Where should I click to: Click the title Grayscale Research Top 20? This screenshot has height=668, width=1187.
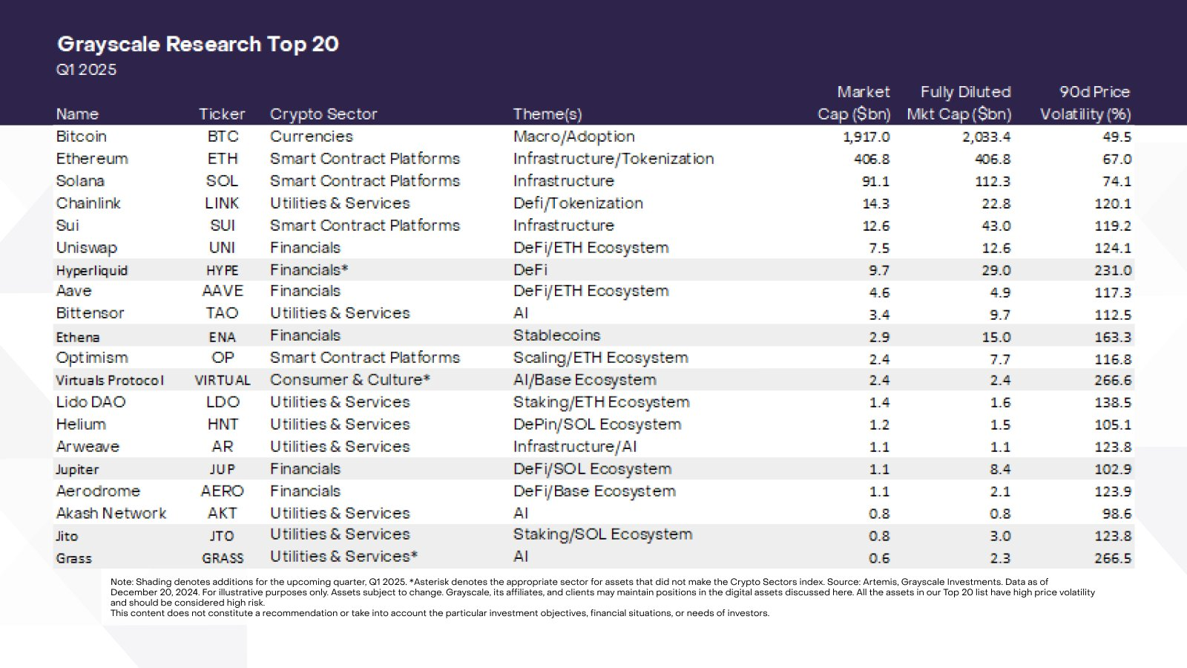pos(197,45)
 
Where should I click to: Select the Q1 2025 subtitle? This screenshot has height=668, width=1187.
pos(86,70)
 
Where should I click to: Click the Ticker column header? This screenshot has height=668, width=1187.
pos(222,114)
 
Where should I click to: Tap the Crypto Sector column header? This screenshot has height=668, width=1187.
pos(323,114)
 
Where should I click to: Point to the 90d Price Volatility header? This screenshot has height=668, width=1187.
pos(1085,104)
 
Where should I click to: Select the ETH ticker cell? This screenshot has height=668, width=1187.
pos(223,159)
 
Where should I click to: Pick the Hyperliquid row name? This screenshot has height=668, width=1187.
pos(92,271)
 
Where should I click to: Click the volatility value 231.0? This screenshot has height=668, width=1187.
pos(1112,271)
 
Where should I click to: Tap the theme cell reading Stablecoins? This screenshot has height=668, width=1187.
pos(556,335)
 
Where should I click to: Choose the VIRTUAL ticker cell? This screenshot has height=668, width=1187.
pos(223,381)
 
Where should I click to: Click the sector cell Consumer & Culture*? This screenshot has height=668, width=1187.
pos(349,380)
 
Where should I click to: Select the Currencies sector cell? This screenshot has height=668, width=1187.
pos(312,137)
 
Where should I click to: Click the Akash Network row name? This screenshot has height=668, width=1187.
pos(111,514)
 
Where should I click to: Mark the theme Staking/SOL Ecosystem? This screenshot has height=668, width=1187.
pos(602,534)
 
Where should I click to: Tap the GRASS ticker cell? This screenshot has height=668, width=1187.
pos(223,558)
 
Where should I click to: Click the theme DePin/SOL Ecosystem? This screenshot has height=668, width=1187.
pos(596,425)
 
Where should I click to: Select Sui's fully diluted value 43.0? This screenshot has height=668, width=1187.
pos(996,226)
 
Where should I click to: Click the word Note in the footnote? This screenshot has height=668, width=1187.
pos(121,583)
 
